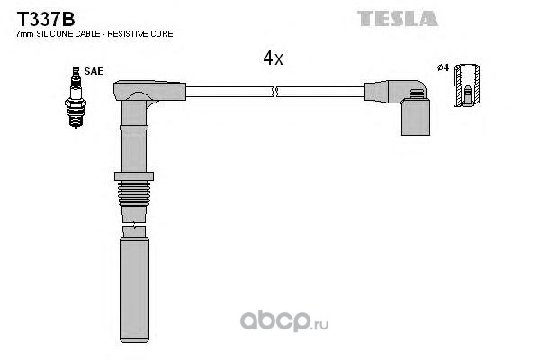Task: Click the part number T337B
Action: tap(46, 19)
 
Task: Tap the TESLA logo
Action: tap(398, 19)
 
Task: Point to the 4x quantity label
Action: tap(273, 58)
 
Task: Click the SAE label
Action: tap(94, 71)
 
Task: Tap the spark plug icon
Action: tap(76, 97)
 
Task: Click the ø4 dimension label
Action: tap(443, 67)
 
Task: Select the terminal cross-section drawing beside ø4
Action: tap(466, 85)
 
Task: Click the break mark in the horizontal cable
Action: tap(274, 92)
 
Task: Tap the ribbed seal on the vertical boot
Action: tap(134, 193)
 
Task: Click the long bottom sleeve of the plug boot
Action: tap(134, 290)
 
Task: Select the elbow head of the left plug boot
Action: tap(149, 91)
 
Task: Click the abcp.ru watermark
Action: tap(284, 321)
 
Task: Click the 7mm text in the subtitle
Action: tap(25, 34)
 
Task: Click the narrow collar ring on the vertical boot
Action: tap(134, 128)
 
